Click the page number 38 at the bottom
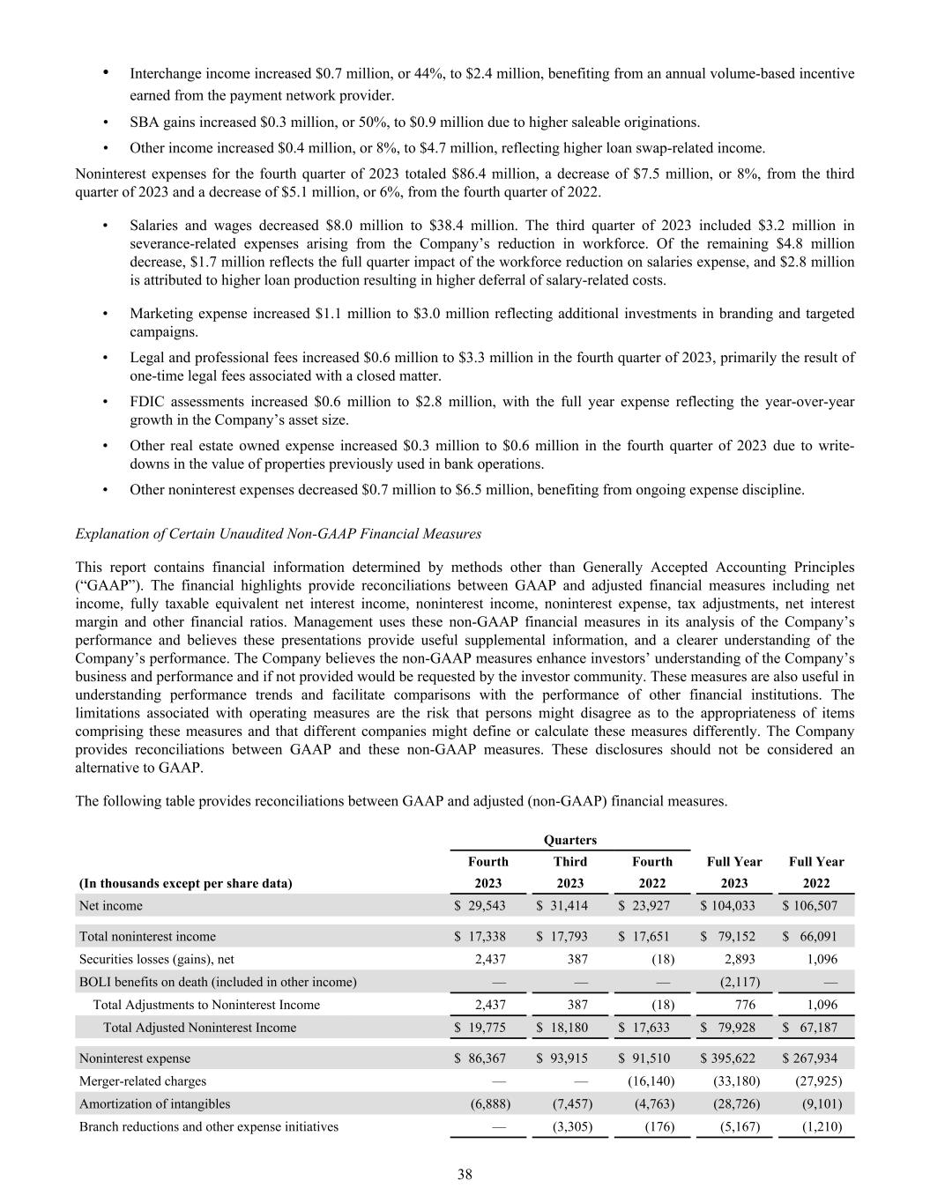pyautogui.click(x=465, y=1173)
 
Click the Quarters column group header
pyautogui.click(x=569, y=840)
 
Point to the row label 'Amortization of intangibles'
pyautogui.click(x=154, y=1103)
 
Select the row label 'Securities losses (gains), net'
pyautogui.click(x=157, y=959)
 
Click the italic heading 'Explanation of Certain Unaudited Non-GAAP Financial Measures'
pyautogui.click(x=279, y=533)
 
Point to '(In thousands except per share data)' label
pyautogui.click(x=185, y=883)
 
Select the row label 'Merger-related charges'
pyautogui.click(x=143, y=1080)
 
